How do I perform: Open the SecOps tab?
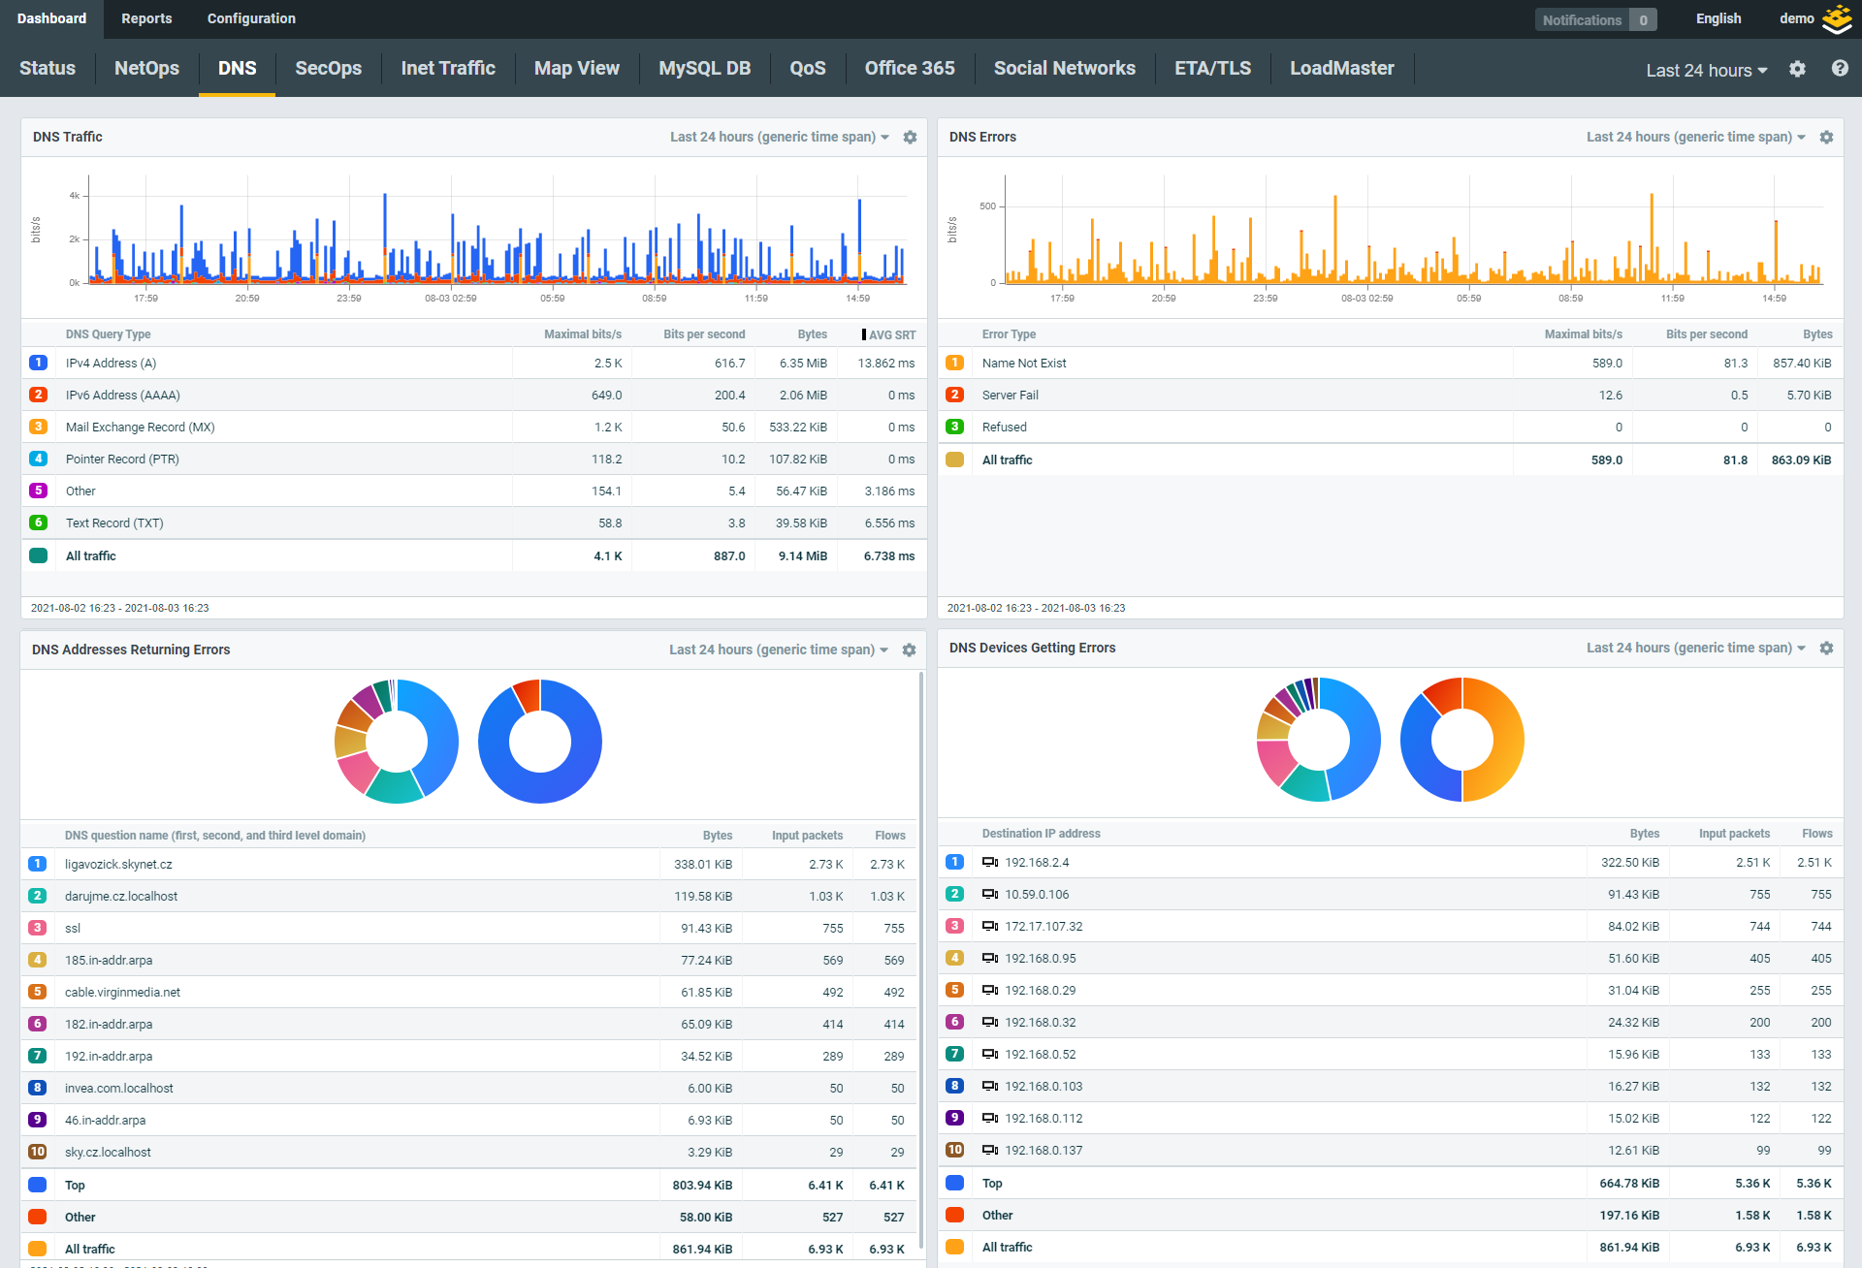click(x=328, y=68)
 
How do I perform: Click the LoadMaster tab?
click(x=1341, y=68)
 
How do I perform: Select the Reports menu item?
click(x=146, y=18)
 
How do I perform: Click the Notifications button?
click(x=1594, y=19)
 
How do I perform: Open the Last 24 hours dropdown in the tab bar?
click(x=1706, y=70)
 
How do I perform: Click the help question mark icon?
click(x=1839, y=69)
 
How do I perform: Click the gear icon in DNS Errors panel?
click(x=1826, y=138)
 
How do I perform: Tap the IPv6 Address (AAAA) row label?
click(x=123, y=395)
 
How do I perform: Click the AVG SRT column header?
click(x=891, y=334)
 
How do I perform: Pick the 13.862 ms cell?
click(x=885, y=364)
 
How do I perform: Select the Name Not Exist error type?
click(x=1023, y=364)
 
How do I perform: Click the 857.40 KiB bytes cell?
click(x=1802, y=364)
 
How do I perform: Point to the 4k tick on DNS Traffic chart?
click(x=75, y=196)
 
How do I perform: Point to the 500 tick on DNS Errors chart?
click(x=987, y=206)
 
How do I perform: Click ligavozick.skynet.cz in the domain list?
click(x=118, y=864)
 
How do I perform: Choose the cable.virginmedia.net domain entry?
click(x=122, y=992)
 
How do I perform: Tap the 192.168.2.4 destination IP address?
click(x=1037, y=862)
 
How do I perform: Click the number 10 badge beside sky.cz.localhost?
click(x=38, y=1152)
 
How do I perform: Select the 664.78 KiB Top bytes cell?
click(x=1628, y=1183)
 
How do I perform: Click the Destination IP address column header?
click(x=1041, y=834)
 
